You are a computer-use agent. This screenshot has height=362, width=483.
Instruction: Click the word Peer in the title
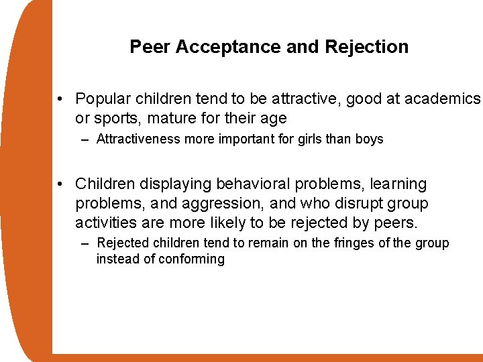click(146, 47)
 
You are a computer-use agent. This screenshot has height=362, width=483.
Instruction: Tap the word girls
click(319, 139)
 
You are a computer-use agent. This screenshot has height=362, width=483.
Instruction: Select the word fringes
click(351, 243)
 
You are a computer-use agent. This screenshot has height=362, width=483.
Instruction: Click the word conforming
click(191, 259)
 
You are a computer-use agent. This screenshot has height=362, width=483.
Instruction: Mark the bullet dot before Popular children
click(60, 100)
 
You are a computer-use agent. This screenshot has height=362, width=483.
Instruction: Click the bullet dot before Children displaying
click(60, 184)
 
